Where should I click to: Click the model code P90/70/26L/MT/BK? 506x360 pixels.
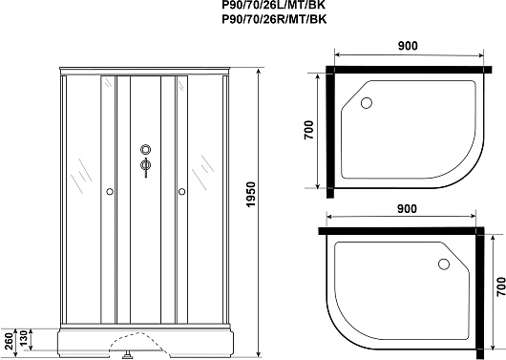click(274, 5)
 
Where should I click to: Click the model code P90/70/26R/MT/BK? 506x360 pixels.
click(274, 19)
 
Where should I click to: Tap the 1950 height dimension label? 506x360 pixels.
click(250, 195)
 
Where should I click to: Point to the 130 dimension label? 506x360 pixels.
click(24, 338)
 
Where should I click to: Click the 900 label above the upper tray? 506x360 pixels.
click(408, 46)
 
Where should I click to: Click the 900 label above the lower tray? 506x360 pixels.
click(407, 209)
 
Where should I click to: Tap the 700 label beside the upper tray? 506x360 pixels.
click(308, 130)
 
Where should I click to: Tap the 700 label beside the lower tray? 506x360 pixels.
click(500, 286)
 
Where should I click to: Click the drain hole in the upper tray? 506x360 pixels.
click(367, 103)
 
